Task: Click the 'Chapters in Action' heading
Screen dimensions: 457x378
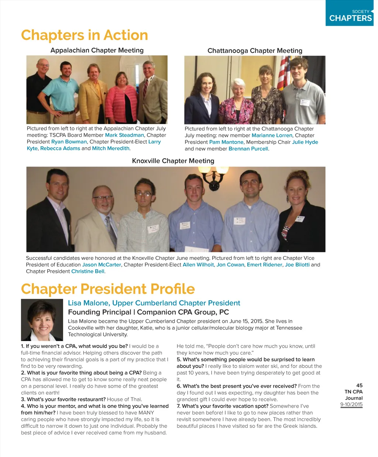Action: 85,35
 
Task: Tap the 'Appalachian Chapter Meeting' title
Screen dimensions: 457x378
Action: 97,50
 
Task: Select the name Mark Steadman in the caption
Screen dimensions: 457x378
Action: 124,135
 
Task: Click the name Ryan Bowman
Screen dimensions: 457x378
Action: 69,142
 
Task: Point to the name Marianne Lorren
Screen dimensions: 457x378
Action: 272,136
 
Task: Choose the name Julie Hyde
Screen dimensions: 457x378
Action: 305,142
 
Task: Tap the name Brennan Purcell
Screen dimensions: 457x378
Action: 248,149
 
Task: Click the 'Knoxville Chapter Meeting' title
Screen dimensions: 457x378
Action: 173,161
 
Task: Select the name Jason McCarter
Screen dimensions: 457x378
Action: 102,265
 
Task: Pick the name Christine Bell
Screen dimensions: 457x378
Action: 88,272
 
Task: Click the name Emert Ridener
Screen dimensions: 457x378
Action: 264,265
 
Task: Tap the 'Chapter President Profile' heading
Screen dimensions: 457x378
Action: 108,289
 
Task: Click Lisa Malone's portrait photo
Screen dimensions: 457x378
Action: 42,320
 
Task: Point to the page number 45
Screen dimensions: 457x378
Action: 359,385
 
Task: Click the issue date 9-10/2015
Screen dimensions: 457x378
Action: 351,405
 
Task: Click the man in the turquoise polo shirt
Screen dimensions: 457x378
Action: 65,92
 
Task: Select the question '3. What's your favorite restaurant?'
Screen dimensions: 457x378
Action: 63,399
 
